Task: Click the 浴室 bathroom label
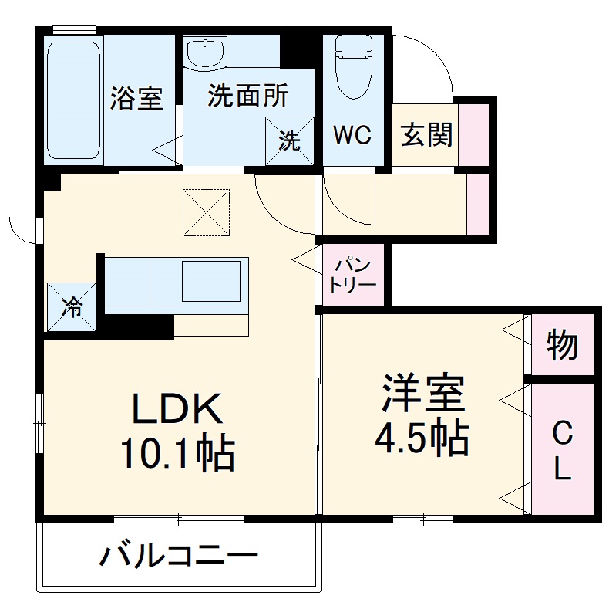(x=136, y=98)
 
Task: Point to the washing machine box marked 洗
(x=290, y=140)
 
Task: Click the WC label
(x=352, y=134)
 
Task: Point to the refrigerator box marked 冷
(x=72, y=306)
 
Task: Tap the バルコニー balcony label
(x=177, y=555)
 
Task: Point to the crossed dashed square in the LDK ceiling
(x=206, y=212)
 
